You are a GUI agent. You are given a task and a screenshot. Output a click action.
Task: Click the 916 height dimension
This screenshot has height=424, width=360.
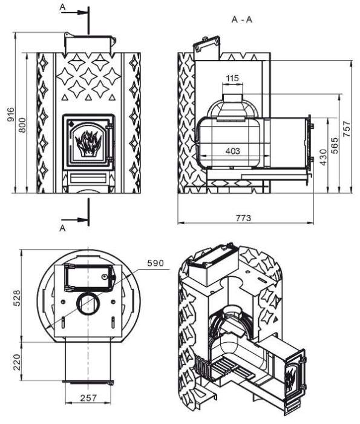click(x=10, y=114)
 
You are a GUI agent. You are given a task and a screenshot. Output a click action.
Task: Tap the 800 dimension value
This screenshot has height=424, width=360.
click(x=22, y=125)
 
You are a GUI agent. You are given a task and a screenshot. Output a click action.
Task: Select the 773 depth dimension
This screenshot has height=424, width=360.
click(x=243, y=217)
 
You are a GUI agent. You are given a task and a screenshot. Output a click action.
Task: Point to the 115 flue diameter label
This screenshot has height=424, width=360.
click(x=232, y=78)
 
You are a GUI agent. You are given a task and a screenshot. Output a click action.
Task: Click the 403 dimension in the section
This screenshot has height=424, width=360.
click(x=232, y=151)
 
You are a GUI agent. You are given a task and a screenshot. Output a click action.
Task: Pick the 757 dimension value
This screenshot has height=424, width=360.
click(x=347, y=129)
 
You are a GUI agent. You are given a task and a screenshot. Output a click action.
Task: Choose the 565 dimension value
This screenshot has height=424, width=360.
click(x=335, y=145)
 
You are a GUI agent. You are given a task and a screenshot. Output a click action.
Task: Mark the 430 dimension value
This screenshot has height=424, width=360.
click(x=323, y=157)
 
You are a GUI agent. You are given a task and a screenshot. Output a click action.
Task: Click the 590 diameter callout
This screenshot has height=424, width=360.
click(x=155, y=263)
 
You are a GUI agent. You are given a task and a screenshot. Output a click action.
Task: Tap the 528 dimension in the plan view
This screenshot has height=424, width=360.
click(x=17, y=298)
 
